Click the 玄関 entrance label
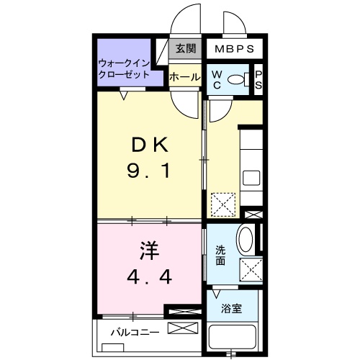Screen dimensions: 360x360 [x=185, y=49]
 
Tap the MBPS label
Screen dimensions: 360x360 [x=235, y=50]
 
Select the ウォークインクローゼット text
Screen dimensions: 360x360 [x=124, y=68]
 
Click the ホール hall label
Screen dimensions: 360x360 [x=185, y=76]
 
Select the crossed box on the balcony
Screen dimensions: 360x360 [x=183, y=330]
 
